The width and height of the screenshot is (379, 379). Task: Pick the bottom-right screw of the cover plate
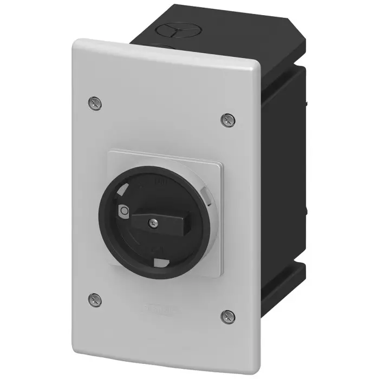click(x=226, y=315)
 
